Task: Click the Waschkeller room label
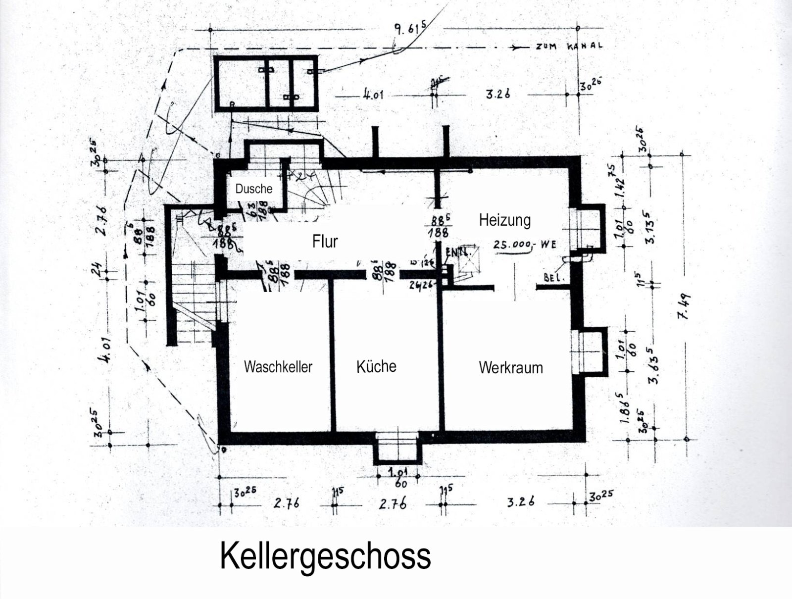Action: tap(278, 367)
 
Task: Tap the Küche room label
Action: tap(376, 366)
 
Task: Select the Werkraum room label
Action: tap(510, 368)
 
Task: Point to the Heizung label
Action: tap(504, 220)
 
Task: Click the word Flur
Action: tap(325, 242)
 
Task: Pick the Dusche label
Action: tap(253, 189)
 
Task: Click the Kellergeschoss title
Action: tap(325, 556)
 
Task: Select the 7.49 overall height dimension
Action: tap(687, 307)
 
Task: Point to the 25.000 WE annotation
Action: tap(525, 245)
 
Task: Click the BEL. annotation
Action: tap(554, 278)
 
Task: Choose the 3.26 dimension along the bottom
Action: tap(521, 502)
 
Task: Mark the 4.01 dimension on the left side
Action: tap(105, 350)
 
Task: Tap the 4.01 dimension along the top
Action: tap(373, 94)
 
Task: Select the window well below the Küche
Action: tap(397, 447)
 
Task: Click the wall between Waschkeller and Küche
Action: tap(332, 356)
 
